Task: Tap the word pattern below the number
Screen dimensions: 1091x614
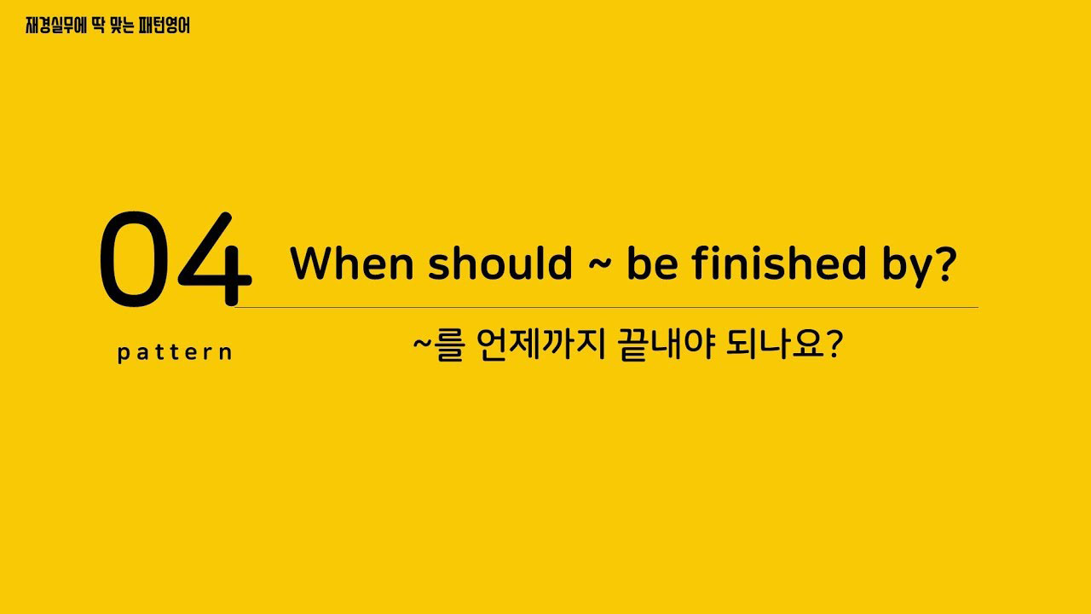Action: point(175,352)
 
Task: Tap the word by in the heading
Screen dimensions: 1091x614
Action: point(906,266)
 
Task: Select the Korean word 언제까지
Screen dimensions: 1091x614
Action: point(540,345)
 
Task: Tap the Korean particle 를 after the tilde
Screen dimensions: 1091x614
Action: point(448,345)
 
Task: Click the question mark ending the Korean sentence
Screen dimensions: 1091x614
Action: point(835,345)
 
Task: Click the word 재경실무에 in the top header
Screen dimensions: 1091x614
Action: point(56,26)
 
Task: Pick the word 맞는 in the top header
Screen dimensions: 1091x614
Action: point(122,26)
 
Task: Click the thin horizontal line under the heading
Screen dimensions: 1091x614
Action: point(606,308)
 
